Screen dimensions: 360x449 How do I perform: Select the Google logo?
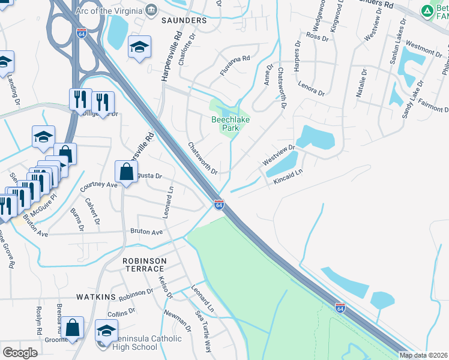pyautogui.click(x=20, y=352)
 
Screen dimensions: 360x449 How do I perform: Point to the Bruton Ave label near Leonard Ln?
pyautogui.click(x=147, y=232)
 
